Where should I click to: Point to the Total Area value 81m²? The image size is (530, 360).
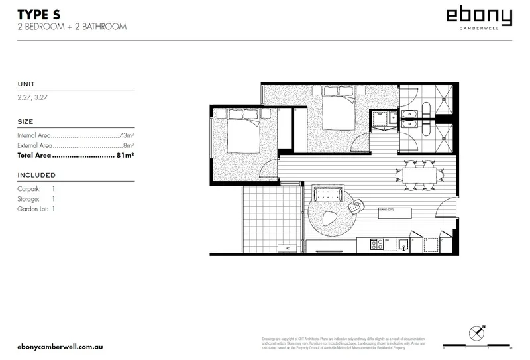point(126,156)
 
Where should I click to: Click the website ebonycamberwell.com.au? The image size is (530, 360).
point(60,347)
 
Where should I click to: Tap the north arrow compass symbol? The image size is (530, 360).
point(476,333)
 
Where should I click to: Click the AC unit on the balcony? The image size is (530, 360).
point(288,249)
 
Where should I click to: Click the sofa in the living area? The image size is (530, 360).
point(328,194)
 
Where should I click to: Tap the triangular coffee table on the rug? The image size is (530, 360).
point(329,218)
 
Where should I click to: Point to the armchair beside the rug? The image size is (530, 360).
point(356,208)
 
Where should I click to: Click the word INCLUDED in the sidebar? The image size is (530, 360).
point(36,176)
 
